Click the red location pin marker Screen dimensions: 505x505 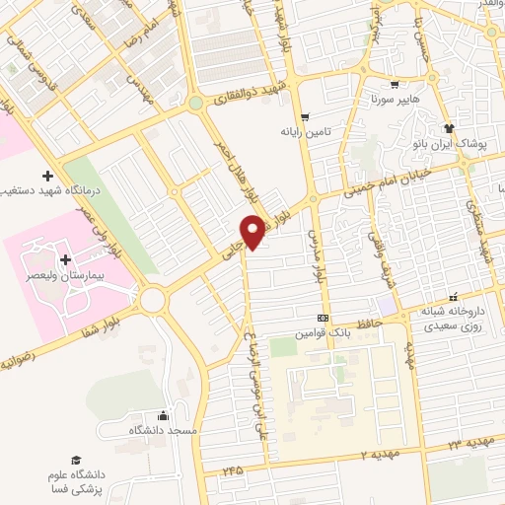pyautogui.click(x=254, y=232)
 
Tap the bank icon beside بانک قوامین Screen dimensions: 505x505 pyautogui.click(x=323, y=319)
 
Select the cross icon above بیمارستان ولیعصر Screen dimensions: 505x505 pyautogui.click(x=66, y=260)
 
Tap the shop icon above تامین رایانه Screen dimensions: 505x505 pyautogui.click(x=305, y=117)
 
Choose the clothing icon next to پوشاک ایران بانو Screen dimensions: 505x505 pyautogui.click(x=450, y=128)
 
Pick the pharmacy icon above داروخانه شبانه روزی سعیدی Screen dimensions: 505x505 pyautogui.click(x=454, y=297)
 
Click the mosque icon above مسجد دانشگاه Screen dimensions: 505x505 pyautogui.click(x=163, y=416)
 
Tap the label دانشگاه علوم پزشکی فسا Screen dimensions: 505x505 pyautogui.click(x=78, y=480)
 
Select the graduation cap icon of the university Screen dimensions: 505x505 pyautogui.click(x=76, y=460)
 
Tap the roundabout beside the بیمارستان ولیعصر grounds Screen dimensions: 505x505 pyautogui.click(x=153, y=297)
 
